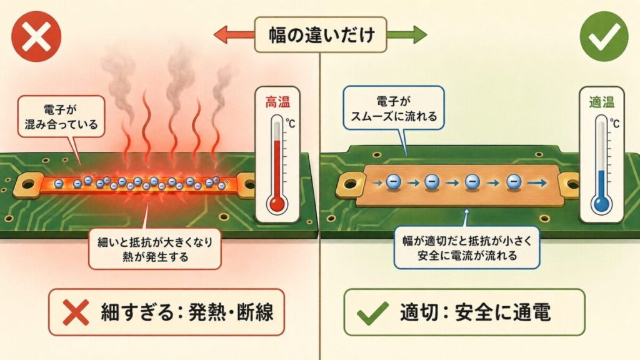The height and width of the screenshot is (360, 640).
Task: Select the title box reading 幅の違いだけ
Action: click(x=320, y=34)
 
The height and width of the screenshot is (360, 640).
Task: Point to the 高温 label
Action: click(x=278, y=101)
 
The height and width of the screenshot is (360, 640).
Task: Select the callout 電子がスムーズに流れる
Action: click(x=394, y=107)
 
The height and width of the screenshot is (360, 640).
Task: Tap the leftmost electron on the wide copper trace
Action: click(x=393, y=182)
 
